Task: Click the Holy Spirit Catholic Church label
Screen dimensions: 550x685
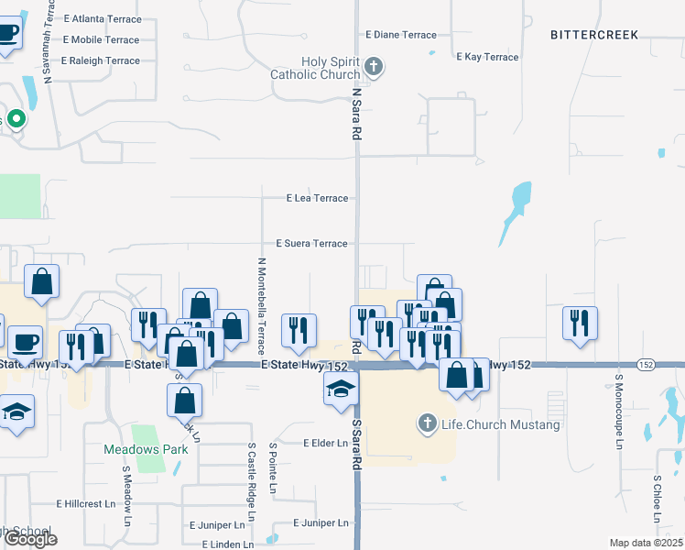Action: pyautogui.click(x=315, y=67)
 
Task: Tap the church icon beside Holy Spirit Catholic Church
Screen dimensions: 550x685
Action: pyautogui.click(x=373, y=66)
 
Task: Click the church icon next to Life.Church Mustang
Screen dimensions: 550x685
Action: pyautogui.click(x=426, y=423)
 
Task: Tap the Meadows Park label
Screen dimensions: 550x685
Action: pyautogui.click(x=146, y=449)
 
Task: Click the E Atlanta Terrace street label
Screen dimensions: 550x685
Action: pyautogui.click(x=103, y=18)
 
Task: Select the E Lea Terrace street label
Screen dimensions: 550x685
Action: pyautogui.click(x=317, y=198)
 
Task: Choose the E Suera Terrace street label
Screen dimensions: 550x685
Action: pyautogui.click(x=312, y=244)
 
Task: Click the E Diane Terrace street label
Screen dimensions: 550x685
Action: pyautogui.click(x=401, y=35)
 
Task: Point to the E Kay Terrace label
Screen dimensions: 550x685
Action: pyautogui.click(x=487, y=57)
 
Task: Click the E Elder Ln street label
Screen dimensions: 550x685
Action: pyautogui.click(x=325, y=443)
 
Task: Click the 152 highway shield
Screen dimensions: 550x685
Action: pyautogui.click(x=647, y=364)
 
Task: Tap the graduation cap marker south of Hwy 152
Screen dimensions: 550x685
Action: pyautogui.click(x=340, y=389)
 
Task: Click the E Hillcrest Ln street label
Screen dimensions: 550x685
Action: pyautogui.click(x=86, y=504)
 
